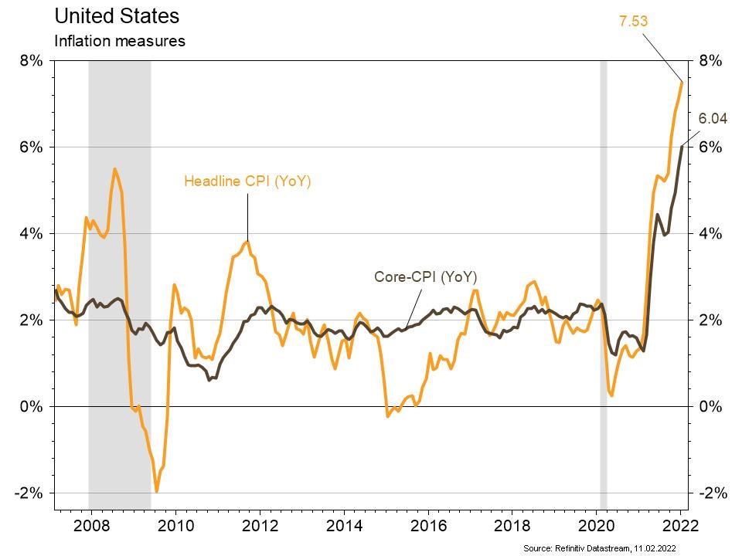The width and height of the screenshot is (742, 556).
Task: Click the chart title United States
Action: pyautogui.click(x=117, y=15)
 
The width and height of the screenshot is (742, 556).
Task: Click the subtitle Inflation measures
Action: pyautogui.click(x=119, y=41)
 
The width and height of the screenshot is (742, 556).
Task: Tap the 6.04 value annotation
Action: pyautogui.click(x=713, y=119)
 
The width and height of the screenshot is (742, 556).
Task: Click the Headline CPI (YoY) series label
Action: pyautogui.click(x=247, y=182)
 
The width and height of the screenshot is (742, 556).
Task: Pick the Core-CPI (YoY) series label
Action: pyautogui.click(x=424, y=276)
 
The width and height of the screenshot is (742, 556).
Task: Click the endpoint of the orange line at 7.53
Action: pyautogui.click(x=682, y=81)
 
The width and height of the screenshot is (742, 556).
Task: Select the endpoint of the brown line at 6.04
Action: pyautogui.click(x=682, y=145)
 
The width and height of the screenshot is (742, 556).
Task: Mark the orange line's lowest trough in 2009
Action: pyautogui.click(x=157, y=491)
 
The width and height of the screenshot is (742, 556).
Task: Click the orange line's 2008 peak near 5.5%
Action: pyautogui.click(x=115, y=168)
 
